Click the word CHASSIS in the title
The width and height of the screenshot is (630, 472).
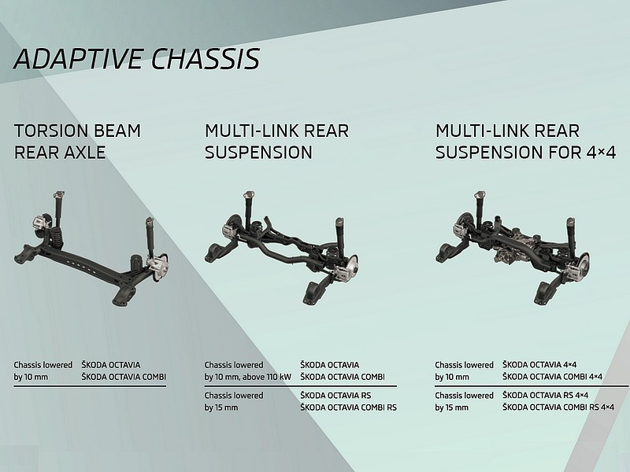[206, 58]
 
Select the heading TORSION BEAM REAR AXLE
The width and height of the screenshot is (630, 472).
[77, 142]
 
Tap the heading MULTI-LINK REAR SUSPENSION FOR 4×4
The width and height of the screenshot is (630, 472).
[525, 142]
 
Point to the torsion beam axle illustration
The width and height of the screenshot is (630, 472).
[91, 249]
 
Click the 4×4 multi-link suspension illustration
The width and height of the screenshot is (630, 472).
[513, 248]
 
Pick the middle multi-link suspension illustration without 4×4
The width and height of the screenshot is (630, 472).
[282, 248]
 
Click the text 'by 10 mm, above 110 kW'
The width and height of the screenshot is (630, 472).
[247, 378]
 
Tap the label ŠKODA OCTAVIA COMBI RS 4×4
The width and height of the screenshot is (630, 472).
[558, 407]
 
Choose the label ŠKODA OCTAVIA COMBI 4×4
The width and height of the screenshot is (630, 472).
[552, 377]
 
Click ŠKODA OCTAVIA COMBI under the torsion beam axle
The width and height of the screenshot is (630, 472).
[124, 378]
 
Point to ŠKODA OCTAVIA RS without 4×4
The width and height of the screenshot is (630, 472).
[335, 396]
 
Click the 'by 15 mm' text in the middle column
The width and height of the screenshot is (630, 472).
[221, 407]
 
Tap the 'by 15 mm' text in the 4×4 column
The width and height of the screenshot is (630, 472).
[451, 407]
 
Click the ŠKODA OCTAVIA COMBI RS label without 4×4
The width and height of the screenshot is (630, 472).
[348, 407]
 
